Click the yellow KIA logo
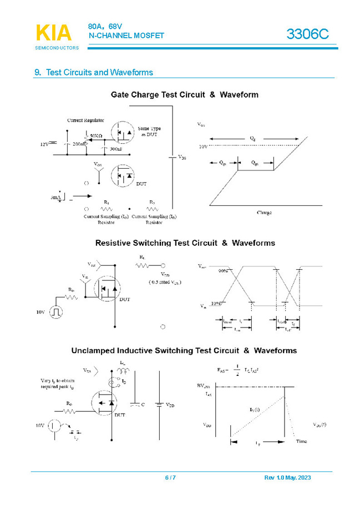click(54, 33)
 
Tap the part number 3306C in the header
click(307, 34)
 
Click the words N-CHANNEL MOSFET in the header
click(126, 36)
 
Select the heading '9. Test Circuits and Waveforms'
click(94, 73)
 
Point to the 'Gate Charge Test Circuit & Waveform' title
click(184, 95)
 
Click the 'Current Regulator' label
click(85, 120)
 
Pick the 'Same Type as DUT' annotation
click(150, 132)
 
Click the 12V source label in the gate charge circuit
click(44, 144)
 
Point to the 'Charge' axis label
click(264, 213)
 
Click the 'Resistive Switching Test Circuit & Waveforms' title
click(185, 243)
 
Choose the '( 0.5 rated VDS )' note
click(165, 282)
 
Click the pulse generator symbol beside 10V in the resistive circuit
click(55, 313)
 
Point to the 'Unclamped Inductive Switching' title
click(184, 351)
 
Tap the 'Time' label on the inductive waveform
click(301, 441)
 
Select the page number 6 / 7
click(170, 478)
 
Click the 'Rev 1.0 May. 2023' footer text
click(287, 478)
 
